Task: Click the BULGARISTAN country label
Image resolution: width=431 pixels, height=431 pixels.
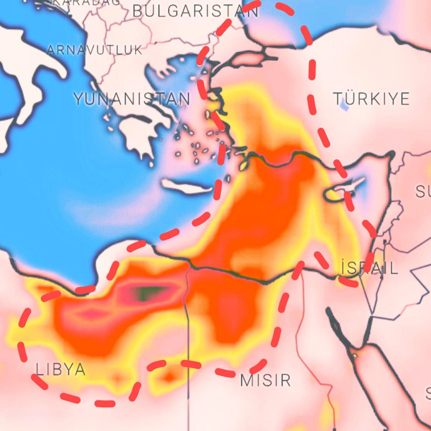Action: click(x=196, y=11)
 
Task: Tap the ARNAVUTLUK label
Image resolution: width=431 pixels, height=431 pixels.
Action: click(x=95, y=50)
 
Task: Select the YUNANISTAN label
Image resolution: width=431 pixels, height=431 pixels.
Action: click(x=132, y=99)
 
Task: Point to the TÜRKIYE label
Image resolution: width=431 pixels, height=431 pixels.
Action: click(x=371, y=99)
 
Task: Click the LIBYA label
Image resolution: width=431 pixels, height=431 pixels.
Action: click(x=61, y=369)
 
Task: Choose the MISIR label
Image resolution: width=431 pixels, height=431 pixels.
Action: click(x=265, y=380)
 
